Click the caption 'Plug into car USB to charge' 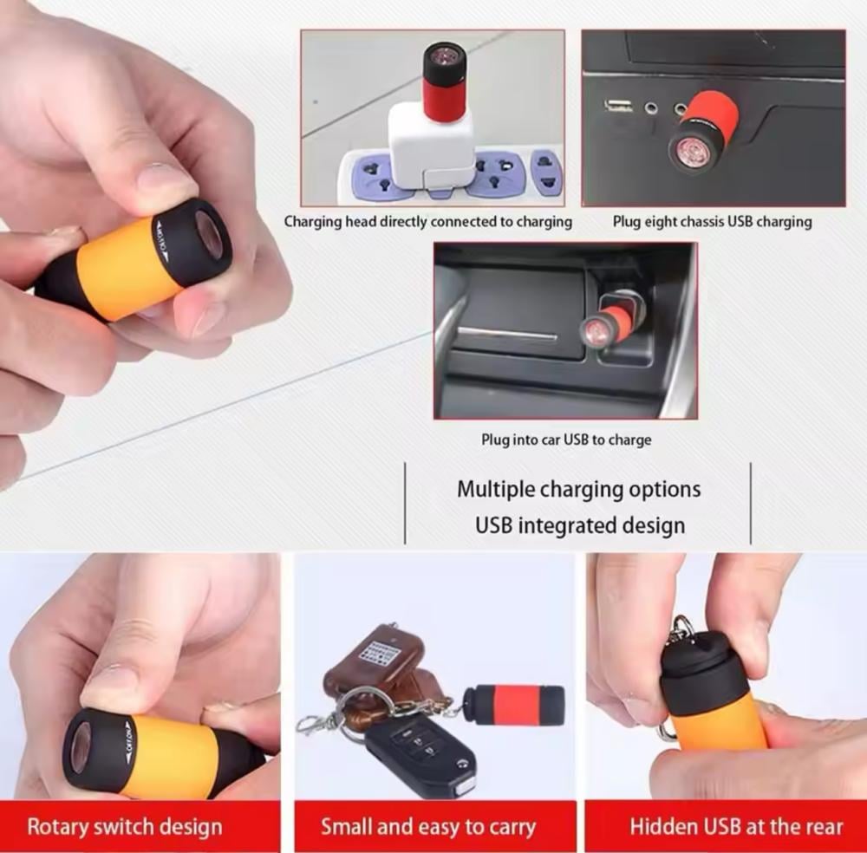[x=566, y=440]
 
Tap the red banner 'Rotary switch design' [x=140, y=826]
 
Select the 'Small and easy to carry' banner [x=434, y=826]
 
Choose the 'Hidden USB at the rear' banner [x=726, y=826]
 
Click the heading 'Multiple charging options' [x=579, y=489]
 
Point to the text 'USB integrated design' [x=580, y=525]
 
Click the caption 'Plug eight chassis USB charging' [x=712, y=222]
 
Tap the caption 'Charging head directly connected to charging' [x=428, y=222]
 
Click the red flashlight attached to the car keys [x=514, y=705]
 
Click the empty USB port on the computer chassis [x=619, y=105]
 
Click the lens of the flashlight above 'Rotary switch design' [x=79, y=748]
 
